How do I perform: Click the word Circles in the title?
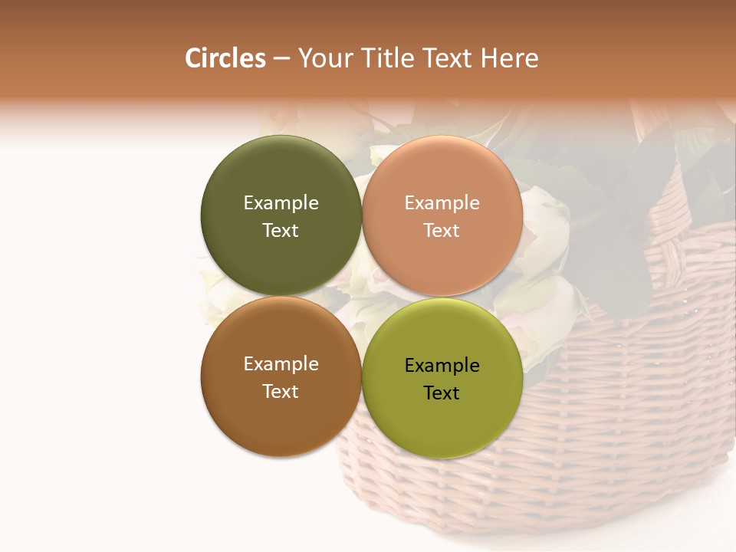225,58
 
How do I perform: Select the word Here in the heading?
509,58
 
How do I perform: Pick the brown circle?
281,418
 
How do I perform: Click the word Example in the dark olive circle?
281,202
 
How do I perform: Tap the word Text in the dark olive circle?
281,230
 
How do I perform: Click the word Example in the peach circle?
442,202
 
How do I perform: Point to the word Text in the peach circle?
442,230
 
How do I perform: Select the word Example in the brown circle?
281,363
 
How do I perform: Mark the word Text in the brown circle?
281,391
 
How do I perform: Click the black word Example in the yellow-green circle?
442,365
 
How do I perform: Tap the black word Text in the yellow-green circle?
442,393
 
